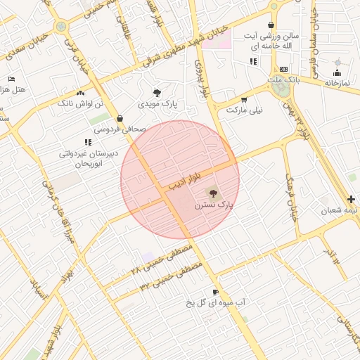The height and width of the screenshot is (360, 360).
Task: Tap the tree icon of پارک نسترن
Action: pos(212,193)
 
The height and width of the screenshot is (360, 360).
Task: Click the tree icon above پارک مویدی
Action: pos(157,92)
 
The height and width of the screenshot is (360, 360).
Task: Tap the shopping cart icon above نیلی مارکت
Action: pos(244,99)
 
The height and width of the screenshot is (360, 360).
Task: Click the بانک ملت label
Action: pos(284,80)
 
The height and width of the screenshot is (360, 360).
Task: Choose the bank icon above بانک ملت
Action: pos(284,69)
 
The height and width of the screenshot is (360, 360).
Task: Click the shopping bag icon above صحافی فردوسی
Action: pos(120,118)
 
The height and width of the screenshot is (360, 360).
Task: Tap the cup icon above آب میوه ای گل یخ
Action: pos(215,291)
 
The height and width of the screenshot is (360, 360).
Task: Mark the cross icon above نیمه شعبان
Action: pos(351,199)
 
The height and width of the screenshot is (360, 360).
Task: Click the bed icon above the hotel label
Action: pos(11,79)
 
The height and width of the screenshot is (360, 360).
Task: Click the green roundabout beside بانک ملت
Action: pos(280,90)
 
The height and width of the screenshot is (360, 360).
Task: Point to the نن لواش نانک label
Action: pos(79,103)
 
